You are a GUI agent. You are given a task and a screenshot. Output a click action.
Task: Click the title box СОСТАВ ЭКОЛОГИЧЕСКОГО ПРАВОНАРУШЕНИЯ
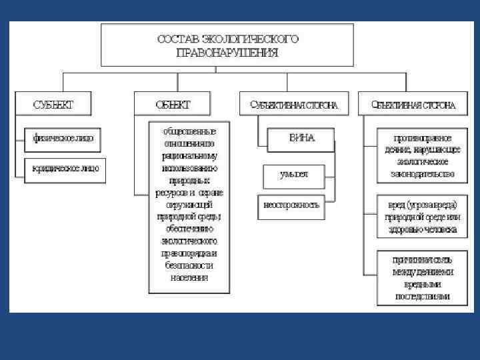pos(227,45)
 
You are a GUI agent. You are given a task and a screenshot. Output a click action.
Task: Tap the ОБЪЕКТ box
pos(173,105)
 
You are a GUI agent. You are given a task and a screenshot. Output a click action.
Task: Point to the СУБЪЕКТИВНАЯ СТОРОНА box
pos(293,105)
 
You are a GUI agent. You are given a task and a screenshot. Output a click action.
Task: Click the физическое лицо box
pos(63,139)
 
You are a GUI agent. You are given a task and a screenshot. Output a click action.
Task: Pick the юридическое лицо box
pos(65,168)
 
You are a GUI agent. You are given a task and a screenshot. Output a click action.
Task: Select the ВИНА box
pos(301,139)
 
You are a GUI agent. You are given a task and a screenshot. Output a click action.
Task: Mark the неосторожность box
pos(293,204)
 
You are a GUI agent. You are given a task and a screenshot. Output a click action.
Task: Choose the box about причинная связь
pos(422,277)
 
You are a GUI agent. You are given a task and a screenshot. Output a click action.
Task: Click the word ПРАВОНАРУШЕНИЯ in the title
pos(227,52)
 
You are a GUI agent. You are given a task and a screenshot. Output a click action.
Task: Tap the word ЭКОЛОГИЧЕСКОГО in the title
pos(253,39)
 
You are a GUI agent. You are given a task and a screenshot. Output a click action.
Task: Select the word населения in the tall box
pos(189,277)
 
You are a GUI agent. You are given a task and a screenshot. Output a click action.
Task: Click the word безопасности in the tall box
pos(189,265)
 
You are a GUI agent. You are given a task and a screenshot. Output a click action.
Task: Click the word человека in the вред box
pos(440,228)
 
